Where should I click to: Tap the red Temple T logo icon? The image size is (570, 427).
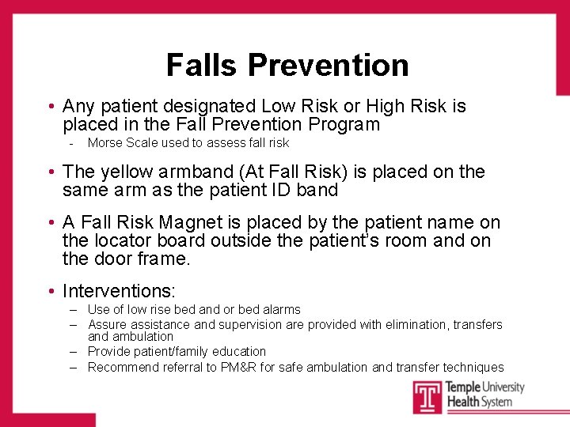[427, 396]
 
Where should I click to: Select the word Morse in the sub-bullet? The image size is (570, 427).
[105, 143]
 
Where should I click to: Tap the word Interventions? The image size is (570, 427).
[119, 292]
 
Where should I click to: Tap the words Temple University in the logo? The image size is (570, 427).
[485, 387]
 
